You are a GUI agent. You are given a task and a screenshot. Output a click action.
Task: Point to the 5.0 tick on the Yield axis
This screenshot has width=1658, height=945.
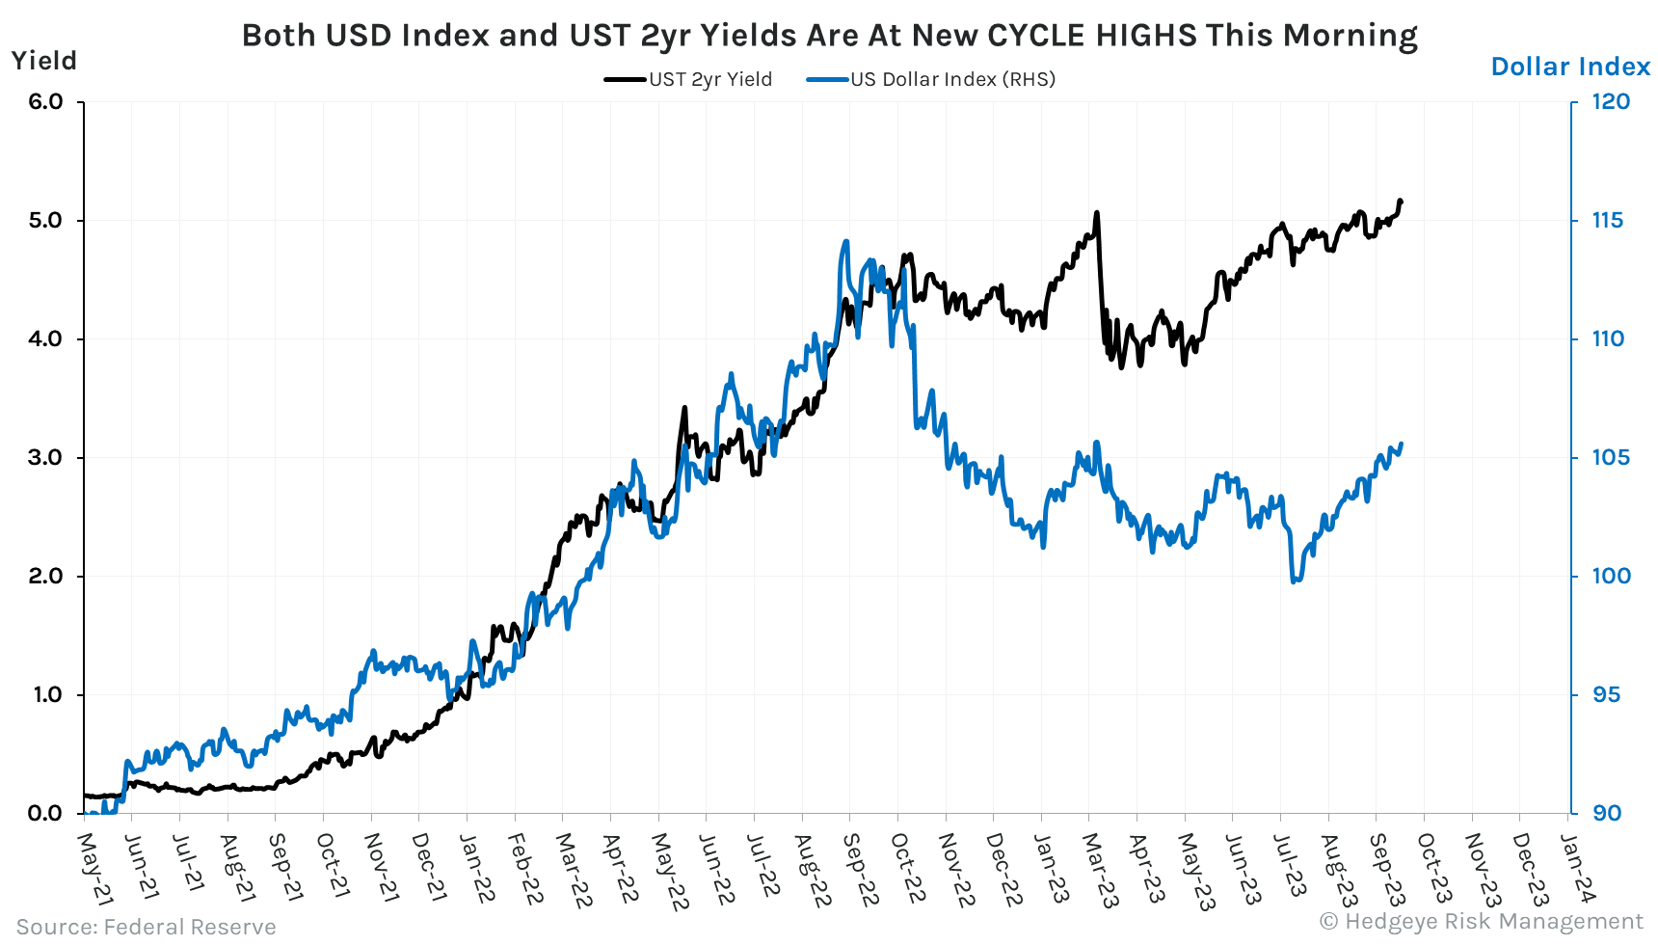[x=44, y=220]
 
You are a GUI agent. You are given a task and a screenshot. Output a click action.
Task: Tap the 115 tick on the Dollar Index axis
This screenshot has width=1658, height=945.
[x=1607, y=220]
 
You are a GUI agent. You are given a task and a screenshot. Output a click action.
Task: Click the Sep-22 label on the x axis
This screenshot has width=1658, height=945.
[x=860, y=869]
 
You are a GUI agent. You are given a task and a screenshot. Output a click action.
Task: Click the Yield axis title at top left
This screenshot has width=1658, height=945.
[x=43, y=61]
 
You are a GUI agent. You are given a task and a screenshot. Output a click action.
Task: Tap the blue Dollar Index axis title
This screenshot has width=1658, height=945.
[x=1570, y=67]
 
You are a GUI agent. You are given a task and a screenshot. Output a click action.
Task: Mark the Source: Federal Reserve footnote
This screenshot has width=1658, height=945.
[x=146, y=927]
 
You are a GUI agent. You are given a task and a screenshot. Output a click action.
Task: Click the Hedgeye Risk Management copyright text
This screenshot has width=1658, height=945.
[x=1481, y=922]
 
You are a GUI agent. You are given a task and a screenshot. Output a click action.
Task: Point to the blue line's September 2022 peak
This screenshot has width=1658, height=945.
[x=845, y=242]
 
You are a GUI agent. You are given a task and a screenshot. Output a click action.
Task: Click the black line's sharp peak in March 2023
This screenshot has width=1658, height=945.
[x=1097, y=213]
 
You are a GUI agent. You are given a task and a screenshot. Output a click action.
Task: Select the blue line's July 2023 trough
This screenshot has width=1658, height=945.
[x=1295, y=580]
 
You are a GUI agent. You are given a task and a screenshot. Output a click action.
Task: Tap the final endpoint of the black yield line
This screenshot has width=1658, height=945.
[x=1401, y=201]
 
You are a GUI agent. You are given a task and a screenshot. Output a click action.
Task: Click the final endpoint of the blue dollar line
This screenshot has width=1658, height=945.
[x=1401, y=445]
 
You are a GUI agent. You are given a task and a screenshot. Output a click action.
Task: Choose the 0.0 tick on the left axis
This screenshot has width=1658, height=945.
[x=44, y=813]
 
